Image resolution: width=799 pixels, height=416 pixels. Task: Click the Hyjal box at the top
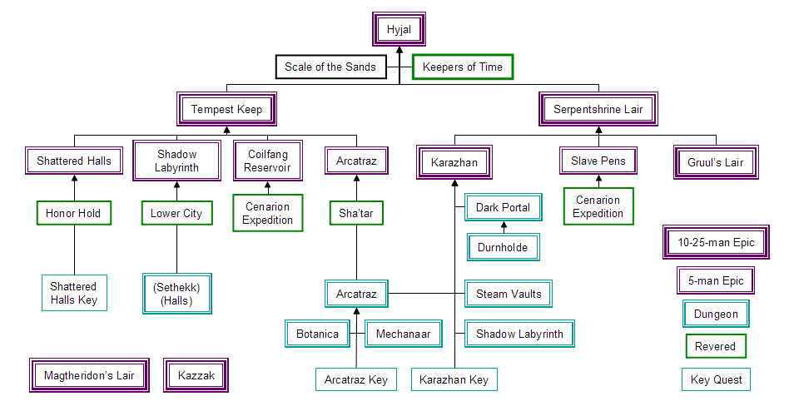click(x=399, y=30)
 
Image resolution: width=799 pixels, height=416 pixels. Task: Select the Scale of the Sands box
click(x=330, y=67)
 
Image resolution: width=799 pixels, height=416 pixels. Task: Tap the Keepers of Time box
click(x=463, y=67)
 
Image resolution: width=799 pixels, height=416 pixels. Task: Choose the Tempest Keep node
click(x=226, y=109)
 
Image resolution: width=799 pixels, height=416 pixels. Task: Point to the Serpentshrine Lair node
click(x=598, y=109)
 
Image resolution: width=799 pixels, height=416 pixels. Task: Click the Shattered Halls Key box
click(x=74, y=293)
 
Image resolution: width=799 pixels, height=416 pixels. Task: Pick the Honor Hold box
click(x=73, y=213)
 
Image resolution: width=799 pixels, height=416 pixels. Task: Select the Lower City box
click(x=176, y=213)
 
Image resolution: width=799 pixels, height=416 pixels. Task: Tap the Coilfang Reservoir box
click(x=267, y=161)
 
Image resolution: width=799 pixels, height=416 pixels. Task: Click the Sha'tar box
click(x=356, y=213)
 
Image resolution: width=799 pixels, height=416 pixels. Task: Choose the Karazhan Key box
click(x=455, y=380)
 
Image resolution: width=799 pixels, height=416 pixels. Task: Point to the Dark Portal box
click(x=503, y=207)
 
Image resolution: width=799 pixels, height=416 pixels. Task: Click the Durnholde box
click(x=503, y=247)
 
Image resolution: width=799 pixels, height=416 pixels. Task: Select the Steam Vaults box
click(x=509, y=294)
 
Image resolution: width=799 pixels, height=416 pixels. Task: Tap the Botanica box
click(x=317, y=334)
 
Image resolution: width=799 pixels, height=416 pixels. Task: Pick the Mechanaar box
click(x=403, y=334)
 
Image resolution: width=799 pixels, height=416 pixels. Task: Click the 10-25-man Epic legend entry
click(x=716, y=242)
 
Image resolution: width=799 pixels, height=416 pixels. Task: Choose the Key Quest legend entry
click(x=716, y=380)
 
